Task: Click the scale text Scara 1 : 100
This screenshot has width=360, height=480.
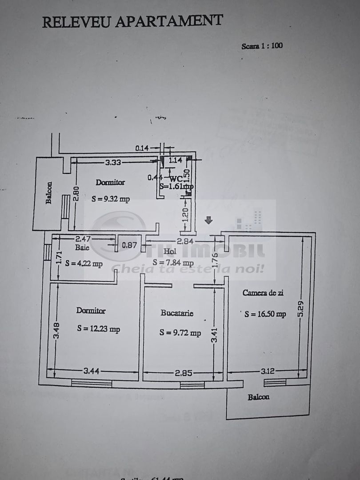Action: tap(262, 46)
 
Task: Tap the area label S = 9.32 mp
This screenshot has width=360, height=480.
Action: tap(111, 199)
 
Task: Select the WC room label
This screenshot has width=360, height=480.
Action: tap(176, 178)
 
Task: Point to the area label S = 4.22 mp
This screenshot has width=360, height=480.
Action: tap(84, 263)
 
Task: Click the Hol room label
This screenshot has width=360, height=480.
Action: tap(170, 252)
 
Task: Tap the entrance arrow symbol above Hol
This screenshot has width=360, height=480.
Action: tap(208, 220)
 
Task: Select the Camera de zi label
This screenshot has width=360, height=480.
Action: tap(263, 292)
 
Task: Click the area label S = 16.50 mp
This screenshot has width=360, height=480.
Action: tap(265, 314)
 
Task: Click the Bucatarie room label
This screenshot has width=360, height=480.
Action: tap(177, 313)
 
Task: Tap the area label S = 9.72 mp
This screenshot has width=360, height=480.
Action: tap(180, 332)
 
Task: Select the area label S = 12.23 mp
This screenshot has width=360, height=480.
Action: tap(98, 329)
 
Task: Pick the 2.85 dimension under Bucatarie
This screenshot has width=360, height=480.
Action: tap(183, 372)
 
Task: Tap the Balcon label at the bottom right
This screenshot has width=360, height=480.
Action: tap(258, 397)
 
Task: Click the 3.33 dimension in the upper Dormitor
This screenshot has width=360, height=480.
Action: tap(114, 163)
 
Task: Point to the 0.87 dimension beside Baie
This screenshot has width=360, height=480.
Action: tap(129, 244)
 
